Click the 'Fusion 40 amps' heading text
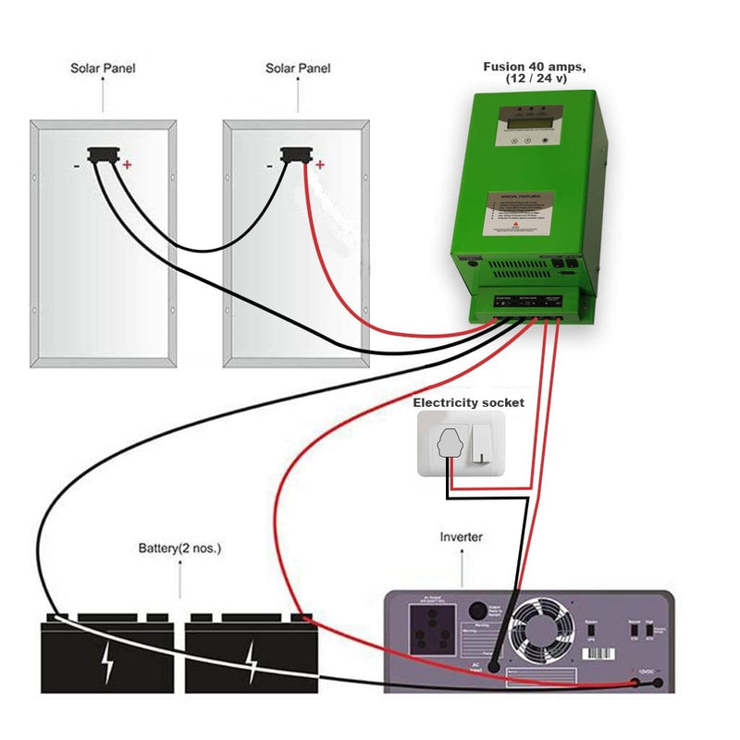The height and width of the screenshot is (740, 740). coord(536,67)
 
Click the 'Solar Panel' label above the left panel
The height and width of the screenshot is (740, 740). coord(104,68)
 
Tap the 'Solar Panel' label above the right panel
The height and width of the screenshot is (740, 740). coord(298,68)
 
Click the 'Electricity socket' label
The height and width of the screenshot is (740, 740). coord(468,402)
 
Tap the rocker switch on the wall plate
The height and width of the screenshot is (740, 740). coord(482,445)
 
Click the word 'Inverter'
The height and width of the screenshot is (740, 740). coord(461,536)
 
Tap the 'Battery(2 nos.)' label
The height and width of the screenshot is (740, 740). coord(179,549)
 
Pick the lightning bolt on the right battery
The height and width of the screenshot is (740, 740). coord(251,662)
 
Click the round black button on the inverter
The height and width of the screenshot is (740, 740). coord(477,611)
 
